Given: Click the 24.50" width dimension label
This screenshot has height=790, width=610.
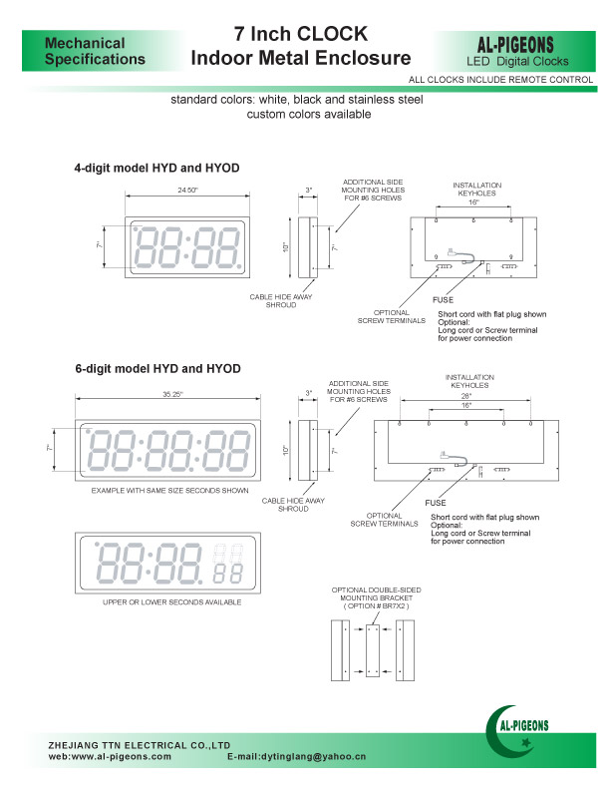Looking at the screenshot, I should (x=187, y=190).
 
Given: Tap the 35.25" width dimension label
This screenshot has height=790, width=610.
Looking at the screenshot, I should (x=172, y=395).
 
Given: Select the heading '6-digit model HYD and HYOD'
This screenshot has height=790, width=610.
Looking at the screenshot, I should (x=157, y=369).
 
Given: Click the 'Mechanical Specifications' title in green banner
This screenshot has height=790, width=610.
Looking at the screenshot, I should (x=96, y=51).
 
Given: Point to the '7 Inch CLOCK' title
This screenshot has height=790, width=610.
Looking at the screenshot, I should (x=301, y=35).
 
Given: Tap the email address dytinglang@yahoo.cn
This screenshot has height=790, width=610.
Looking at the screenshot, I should (x=297, y=758).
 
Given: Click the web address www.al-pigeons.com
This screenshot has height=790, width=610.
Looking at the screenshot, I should (x=110, y=758).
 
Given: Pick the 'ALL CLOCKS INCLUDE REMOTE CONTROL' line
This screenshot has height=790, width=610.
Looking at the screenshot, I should (x=501, y=78).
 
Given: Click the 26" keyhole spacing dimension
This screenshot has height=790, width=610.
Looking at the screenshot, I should (x=464, y=396).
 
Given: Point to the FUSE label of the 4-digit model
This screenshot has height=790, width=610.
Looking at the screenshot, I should (x=443, y=300).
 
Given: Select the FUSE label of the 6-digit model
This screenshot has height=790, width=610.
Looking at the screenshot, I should (x=436, y=504).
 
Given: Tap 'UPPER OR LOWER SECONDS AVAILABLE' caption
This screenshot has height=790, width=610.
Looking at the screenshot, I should (x=171, y=602).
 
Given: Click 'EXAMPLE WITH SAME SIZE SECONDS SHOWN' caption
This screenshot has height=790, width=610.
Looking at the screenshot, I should (x=169, y=491).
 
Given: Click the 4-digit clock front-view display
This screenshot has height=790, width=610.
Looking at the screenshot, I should (x=187, y=244).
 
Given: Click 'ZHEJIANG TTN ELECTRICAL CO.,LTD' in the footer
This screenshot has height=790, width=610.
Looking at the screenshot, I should (x=140, y=745).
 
